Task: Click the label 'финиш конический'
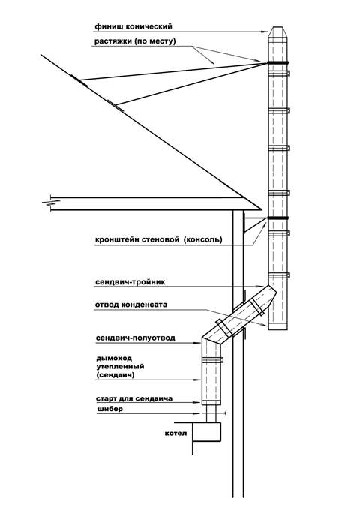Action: coord(133,26)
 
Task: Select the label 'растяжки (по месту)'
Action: coord(135,41)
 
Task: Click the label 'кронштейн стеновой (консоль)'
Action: coord(159,239)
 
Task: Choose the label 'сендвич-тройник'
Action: coord(130,282)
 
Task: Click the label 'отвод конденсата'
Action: coord(131,305)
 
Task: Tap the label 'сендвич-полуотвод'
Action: coord(135,338)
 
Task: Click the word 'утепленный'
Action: coord(120,367)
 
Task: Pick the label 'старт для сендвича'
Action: coord(134,398)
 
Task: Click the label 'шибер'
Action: coord(109,409)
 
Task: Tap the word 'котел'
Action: coord(176,433)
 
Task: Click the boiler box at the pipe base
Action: coord(206,432)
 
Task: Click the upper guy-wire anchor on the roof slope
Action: coord(79,81)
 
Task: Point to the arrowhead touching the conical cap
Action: coord(265,32)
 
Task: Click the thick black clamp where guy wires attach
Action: coord(278,62)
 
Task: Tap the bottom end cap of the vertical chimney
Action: coord(277,327)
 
